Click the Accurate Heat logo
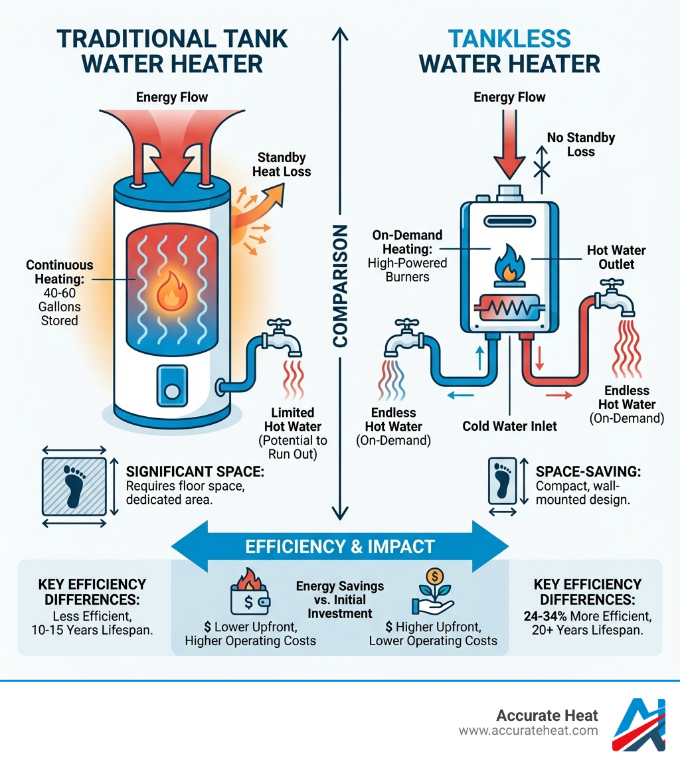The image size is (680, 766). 639,725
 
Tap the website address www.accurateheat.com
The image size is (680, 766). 528,731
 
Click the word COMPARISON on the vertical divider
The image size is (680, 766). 339,285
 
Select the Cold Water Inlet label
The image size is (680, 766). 509,425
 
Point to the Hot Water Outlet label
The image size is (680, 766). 616,258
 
